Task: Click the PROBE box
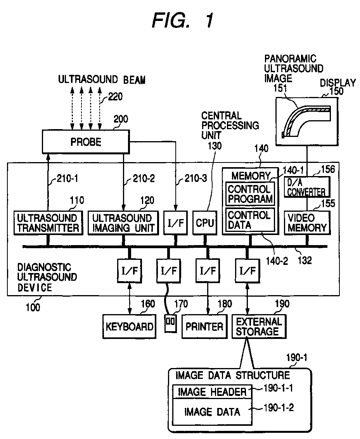click(86, 142)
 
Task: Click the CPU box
click(204, 223)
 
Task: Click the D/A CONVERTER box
click(307, 187)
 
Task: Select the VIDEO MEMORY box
click(307, 223)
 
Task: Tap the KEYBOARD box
click(129, 326)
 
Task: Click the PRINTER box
click(204, 326)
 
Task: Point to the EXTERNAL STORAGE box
click(258, 327)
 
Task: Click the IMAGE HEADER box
click(212, 392)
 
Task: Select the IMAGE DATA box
click(212, 411)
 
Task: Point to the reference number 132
click(305, 261)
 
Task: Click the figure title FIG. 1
click(182, 20)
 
